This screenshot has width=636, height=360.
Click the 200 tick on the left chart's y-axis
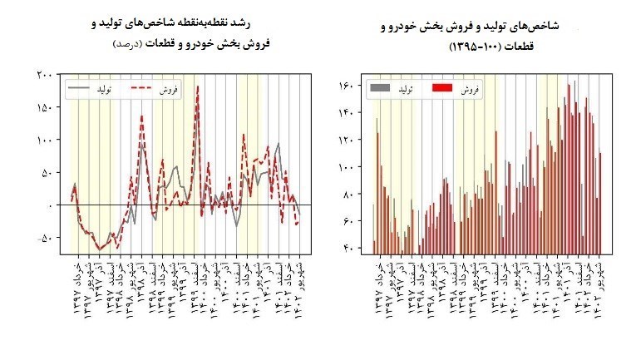coord(46,75)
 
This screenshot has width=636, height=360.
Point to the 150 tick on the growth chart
coord(46,107)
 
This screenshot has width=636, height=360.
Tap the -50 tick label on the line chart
coord(45,238)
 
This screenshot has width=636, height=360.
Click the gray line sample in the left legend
coord(78,86)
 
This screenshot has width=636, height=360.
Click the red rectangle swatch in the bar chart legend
coord(443,86)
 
